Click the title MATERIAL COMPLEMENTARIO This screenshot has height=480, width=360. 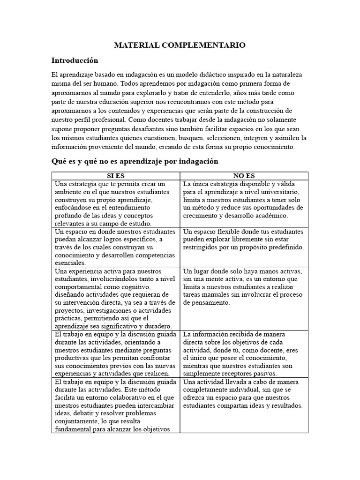[x=180, y=45]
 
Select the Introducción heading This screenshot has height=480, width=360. [x=75, y=60]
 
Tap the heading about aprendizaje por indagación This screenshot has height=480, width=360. [x=135, y=161]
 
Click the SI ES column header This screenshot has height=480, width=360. [x=116, y=176]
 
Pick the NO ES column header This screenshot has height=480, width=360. [x=244, y=176]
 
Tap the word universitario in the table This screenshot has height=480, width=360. [x=277, y=192]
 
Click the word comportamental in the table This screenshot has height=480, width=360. [x=83, y=287]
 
